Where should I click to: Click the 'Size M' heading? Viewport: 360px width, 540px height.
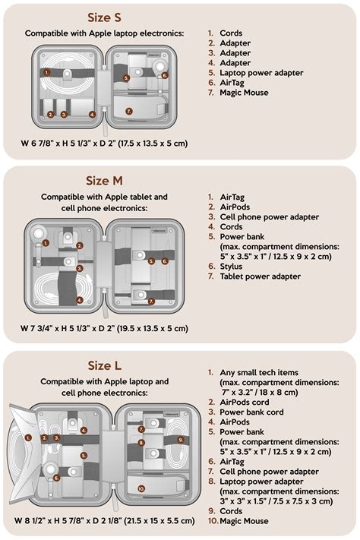(104, 181)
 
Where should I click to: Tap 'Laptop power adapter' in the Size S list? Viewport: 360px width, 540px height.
(261, 73)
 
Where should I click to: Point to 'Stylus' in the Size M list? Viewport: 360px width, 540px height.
(231, 267)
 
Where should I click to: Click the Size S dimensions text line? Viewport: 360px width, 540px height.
(104, 143)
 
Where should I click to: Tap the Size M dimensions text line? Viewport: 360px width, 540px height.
(104, 328)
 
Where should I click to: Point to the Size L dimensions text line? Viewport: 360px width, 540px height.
(104, 521)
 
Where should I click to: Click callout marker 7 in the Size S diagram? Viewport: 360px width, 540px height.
(128, 111)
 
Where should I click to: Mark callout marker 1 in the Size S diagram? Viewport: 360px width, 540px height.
(47, 72)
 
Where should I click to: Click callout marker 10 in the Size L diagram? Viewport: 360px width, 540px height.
(141, 488)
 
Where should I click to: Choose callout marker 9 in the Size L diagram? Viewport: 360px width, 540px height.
(180, 439)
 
